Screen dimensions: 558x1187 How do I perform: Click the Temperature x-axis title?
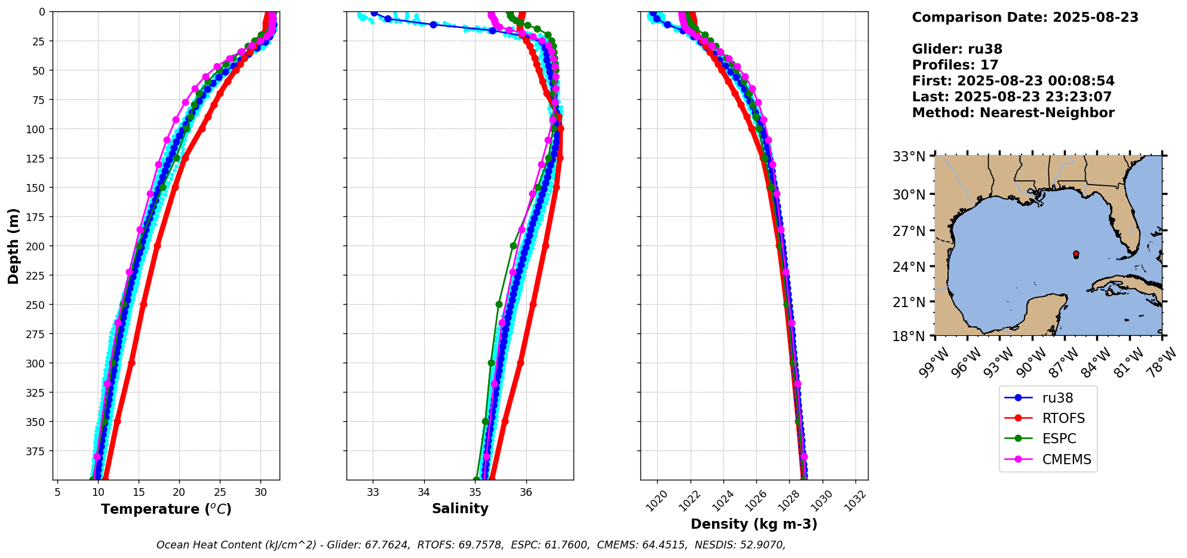point(166,509)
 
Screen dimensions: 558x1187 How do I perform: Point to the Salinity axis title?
point(460,508)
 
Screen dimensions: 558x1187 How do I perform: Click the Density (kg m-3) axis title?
point(754,524)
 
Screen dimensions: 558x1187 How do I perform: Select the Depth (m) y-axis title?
point(13,246)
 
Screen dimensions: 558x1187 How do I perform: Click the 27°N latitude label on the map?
point(909,231)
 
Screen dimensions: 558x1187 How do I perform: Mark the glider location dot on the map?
point(1076,255)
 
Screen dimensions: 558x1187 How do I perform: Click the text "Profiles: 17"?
point(955,65)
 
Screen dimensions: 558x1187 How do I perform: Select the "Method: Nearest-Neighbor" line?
point(1013,113)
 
